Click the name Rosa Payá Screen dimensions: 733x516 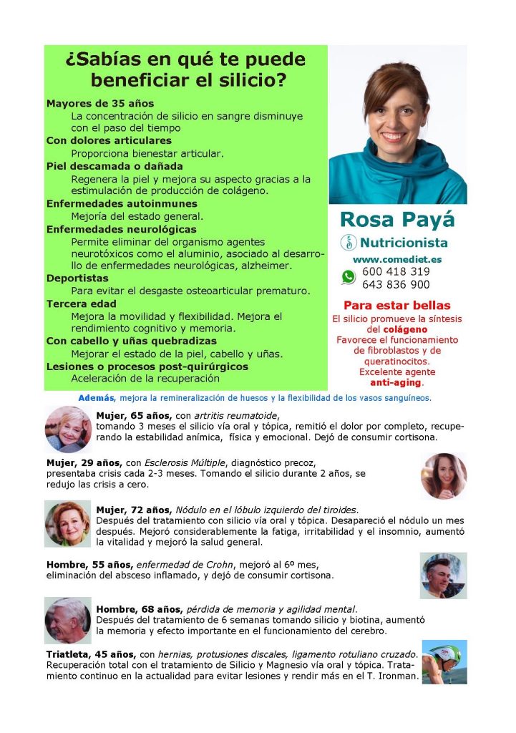[x=397, y=220]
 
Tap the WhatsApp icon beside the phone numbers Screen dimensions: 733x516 [x=349, y=277]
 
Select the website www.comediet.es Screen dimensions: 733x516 [x=397, y=259]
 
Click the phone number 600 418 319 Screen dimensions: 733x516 [x=396, y=272]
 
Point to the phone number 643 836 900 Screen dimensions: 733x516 [x=396, y=284]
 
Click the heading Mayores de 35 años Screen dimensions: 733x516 [x=100, y=104]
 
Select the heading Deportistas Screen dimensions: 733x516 [x=77, y=278]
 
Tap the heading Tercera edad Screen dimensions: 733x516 [x=82, y=304]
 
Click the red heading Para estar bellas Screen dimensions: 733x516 [x=396, y=305]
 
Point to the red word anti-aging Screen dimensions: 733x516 [x=396, y=383]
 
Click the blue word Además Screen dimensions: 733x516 [x=97, y=398]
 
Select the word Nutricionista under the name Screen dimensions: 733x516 [x=404, y=243]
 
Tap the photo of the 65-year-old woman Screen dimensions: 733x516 [x=68, y=429]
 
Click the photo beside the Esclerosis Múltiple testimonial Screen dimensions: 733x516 [x=444, y=475]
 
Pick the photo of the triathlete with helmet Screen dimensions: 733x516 [x=444, y=662]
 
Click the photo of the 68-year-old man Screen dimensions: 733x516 [x=68, y=620]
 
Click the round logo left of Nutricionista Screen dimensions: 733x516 [x=349, y=243]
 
